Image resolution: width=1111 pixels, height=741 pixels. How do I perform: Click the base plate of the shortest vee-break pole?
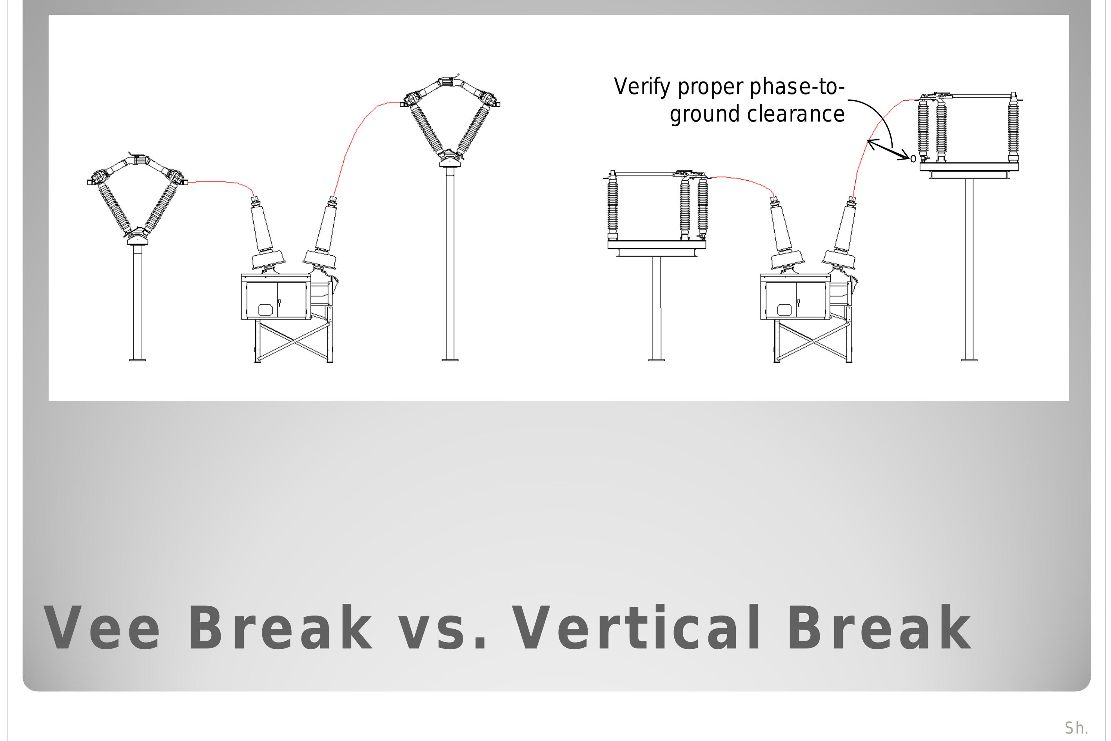(138, 360)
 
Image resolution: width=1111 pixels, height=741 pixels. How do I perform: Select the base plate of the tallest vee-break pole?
(450, 360)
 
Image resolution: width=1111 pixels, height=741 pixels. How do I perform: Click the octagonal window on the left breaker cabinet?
(265, 310)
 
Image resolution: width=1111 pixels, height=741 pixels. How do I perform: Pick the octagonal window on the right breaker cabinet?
(784, 310)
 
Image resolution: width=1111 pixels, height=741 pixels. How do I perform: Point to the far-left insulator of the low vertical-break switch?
(612, 205)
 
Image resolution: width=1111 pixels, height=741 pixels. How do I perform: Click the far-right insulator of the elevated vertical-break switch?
(1013, 127)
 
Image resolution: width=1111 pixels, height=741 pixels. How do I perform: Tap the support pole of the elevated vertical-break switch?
(969, 269)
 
